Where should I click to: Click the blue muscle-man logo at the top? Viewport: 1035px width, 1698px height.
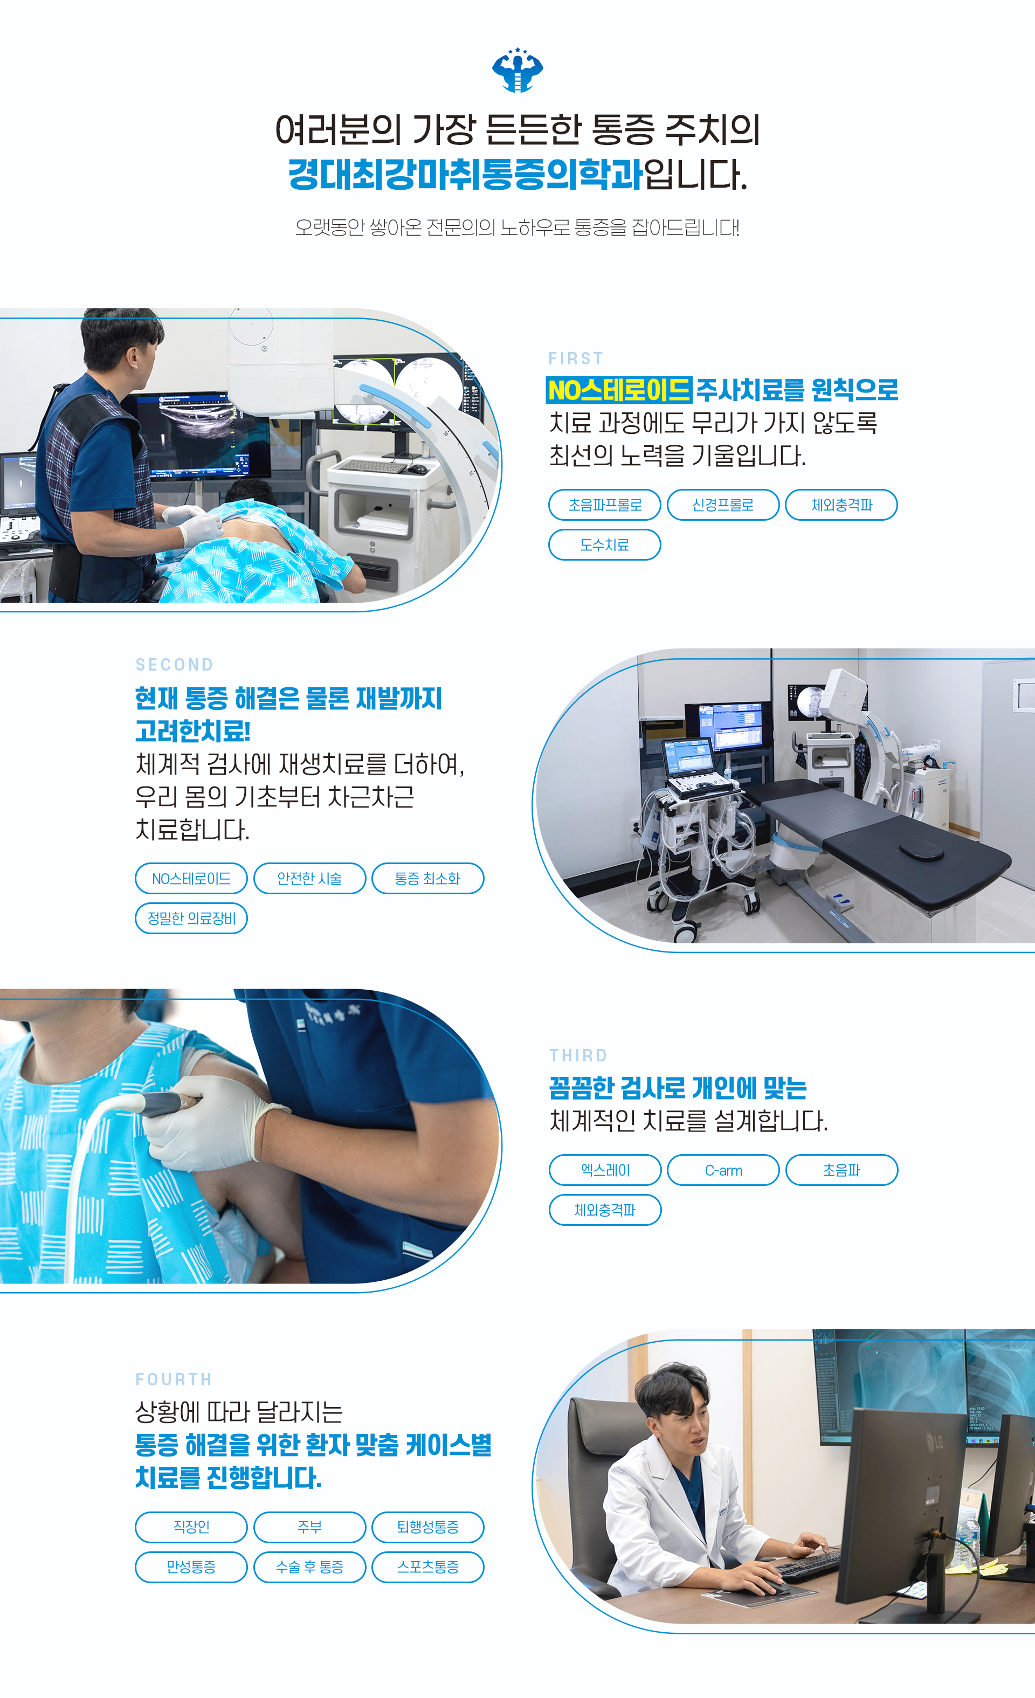(x=517, y=70)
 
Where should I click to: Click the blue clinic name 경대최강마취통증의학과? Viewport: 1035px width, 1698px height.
(x=466, y=174)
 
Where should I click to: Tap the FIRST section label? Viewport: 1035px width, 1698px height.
(x=575, y=358)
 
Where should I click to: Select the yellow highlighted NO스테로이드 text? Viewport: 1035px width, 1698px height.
(x=619, y=390)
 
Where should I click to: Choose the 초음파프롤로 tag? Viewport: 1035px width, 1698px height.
(x=604, y=505)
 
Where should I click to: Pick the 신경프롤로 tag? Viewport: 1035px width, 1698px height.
(x=723, y=505)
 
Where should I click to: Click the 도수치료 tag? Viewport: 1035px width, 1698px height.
(x=604, y=544)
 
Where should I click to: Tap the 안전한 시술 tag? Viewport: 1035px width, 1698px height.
(x=309, y=878)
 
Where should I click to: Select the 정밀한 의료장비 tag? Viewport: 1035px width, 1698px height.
(x=191, y=918)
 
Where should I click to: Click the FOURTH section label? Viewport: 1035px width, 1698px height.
(x=174, y=1379)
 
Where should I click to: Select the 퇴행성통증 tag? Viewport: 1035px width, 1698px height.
(x=428, y=1527)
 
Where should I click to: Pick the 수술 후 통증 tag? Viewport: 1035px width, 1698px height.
(x=309, y=1566)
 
